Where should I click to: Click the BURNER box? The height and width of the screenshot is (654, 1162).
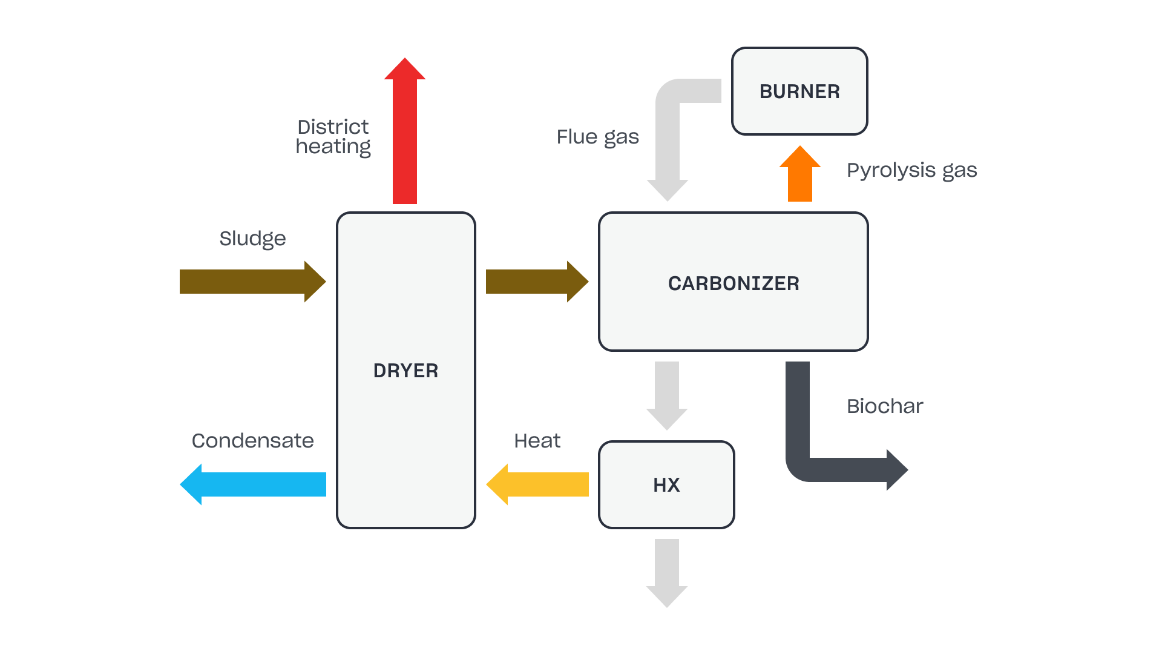click(x=799, y=91)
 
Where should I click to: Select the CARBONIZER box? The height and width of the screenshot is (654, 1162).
click(x=734, y=282)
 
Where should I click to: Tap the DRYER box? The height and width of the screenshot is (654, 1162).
click(x=405, y=370)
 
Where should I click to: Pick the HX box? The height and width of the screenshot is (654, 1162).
click(x=666, y=484)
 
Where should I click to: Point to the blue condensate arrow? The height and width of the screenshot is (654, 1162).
click(x=254, y=484)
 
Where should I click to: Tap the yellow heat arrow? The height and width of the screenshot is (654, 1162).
click(x=539, y=484)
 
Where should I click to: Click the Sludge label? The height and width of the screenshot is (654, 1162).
click(x=252, y=239)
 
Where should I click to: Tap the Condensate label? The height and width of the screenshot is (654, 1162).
click(x=252, y=441)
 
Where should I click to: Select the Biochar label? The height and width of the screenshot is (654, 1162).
click(x=885, y=406)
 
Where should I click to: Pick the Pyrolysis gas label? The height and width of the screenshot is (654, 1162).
click(x=911, y=170)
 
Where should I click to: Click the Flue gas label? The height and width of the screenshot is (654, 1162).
click(x=597, y=137)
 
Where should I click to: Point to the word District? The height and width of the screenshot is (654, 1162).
click(x=333, y=127)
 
